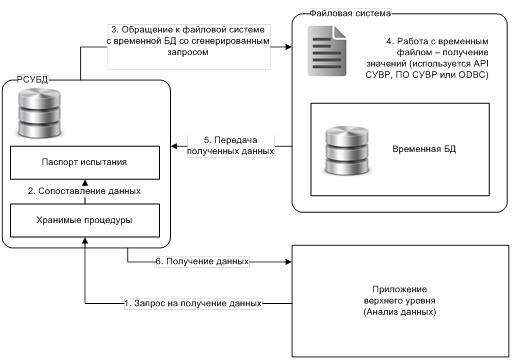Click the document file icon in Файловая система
[x=327, y=51]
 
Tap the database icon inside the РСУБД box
[x=40, y=113]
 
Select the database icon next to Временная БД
[x=347, y=150]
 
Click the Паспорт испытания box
[x=85, y=163]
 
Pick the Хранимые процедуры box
[x=85, y=220]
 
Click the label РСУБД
[x=32, y=80]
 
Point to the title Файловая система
[x=350, y=13]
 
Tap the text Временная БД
[x=424, y=149]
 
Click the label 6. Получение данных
[x=202, y=261]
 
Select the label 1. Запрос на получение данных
[x=193, y=303]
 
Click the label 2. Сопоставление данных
[x=84, y=191]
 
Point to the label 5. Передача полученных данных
[x=231, y=145]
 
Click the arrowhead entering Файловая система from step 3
[x=288, y=47]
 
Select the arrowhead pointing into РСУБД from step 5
[x=174, y=146]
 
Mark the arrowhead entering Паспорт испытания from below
[x=85, y=183]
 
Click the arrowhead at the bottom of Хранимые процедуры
[x=85, y=240]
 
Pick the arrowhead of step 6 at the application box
[x=288, y=262]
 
